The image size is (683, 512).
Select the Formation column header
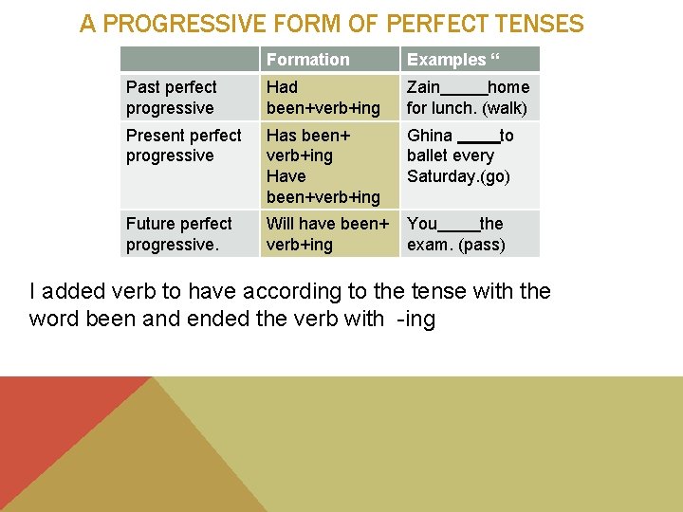(307, 60)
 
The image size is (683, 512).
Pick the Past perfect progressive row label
(172, 98)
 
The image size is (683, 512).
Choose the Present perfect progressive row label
(183, 145)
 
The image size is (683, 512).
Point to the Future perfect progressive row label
(178, 234)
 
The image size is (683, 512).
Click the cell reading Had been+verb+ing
(323, 98)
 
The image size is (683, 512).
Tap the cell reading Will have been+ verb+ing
(327, 234)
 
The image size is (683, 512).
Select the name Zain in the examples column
(424, 87)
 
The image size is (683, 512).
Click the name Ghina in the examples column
(430, 136)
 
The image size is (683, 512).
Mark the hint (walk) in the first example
(505, 108)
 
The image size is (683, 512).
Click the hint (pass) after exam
(482, 245)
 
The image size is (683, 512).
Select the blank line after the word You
(459, 228)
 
